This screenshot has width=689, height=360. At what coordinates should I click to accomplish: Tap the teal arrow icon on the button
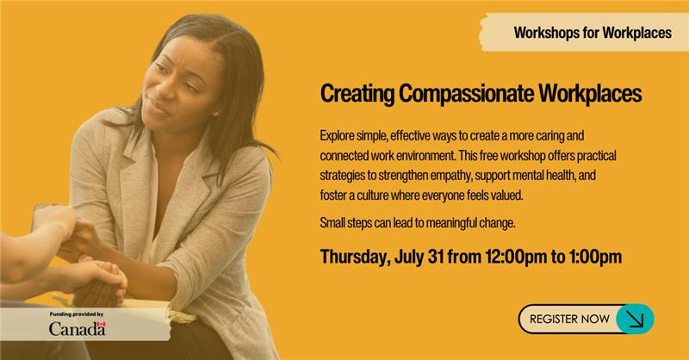[635, 319]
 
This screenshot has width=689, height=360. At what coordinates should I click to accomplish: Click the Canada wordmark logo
[78, 328]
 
